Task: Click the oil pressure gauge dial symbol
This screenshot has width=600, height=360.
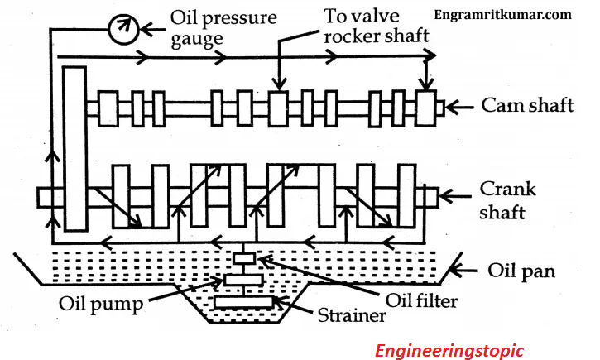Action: pos(121,31)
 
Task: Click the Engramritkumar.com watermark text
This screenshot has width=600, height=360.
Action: pos(514,14)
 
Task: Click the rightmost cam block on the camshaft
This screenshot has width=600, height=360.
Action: pos(425,107)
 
